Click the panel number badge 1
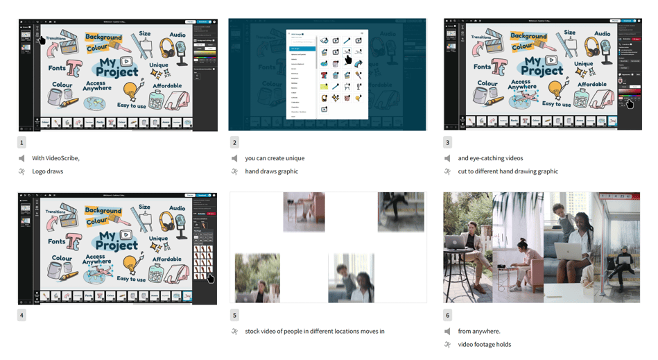coord(21,142)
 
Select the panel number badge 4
coord(21,315)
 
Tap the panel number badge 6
coord(447,315)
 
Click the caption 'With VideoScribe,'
coord(55,158)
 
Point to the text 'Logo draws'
coord(47,171)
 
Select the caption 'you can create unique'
coord(275,158)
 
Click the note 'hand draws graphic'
coord(271,171)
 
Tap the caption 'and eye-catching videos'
coord(490,158)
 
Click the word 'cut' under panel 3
coord(462,171)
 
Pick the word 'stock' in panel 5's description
coord(253,332)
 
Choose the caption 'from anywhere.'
coord(478,332)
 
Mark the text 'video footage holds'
coord(484,345)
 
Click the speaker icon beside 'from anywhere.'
coord(447,332)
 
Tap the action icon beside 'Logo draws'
coord(21,171)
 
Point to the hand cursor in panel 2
coord(348,60)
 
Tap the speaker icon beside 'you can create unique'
coord(234,158)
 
